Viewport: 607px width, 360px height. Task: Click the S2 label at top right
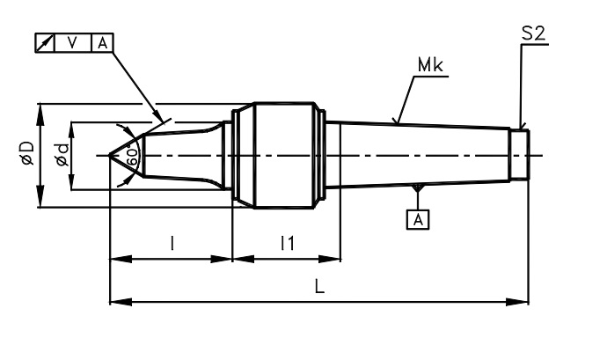tap(533, 33)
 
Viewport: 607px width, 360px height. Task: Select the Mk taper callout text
tap(430, 65)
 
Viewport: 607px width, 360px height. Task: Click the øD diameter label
tap(28, 153)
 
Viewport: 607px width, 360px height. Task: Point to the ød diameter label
tap(62, 155)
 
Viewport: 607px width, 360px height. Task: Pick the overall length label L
tap(319, 287)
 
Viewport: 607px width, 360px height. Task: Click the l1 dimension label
tap(288, 243)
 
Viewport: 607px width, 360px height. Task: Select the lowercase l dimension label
tap(172, 243)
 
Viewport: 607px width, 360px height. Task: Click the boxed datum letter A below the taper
tap(418, 220)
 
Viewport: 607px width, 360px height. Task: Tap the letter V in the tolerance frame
tap(72, 43)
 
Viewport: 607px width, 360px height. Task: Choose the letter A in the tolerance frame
tap(102, 43)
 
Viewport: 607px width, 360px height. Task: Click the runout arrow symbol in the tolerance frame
tap(45, 43)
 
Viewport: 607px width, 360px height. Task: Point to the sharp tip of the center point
tap(109, 156)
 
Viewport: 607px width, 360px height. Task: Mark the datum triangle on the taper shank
tap(417, 187)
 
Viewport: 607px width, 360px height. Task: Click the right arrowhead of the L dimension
tap(517, 302)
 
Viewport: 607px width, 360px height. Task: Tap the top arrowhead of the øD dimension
tap(40, 114)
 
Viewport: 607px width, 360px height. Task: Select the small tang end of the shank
tap(519, 155)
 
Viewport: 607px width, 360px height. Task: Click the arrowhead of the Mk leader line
tap(396, 121)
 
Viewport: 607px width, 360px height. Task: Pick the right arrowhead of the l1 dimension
tap(330, 259)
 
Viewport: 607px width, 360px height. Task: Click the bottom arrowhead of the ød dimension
tap(71, 180)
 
